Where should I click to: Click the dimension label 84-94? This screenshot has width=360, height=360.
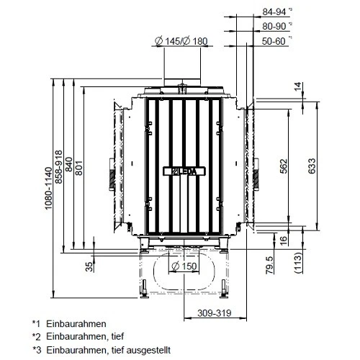[274, 12]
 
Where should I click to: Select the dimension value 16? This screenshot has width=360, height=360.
[283, 239]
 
